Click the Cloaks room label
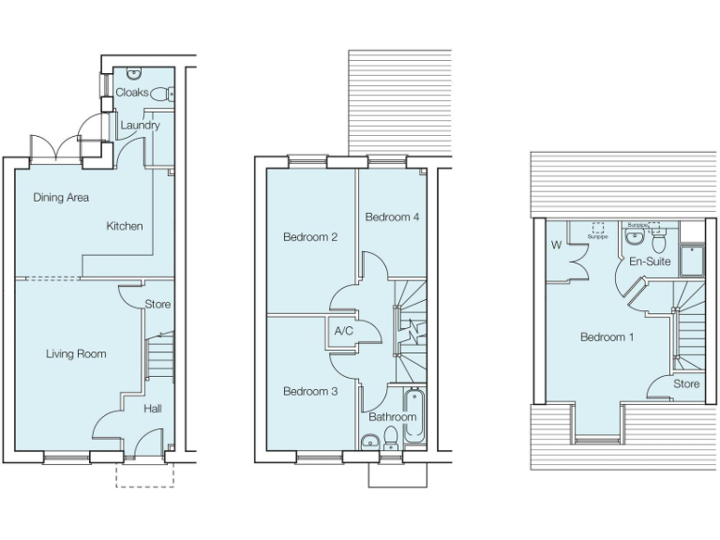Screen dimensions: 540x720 pyautogui.click(x=131, y=93)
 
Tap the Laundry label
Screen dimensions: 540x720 pyautogui.click(x=140, y=125)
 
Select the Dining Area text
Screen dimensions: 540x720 pyautogui.click(x=61, y=197)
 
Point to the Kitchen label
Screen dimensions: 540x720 pyautogui.click(x=125, y=226)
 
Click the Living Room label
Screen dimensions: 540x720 pyautogui.click(x=76, y=353)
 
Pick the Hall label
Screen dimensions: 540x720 pyautogui.click(x=153, y=409)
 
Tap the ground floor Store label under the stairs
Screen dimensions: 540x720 pyautogui.click(x=158, y=305)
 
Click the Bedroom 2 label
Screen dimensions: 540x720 pyautogui.click(x=310, y=237)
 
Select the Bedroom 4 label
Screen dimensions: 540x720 pyautogui.click(x=392, y=217)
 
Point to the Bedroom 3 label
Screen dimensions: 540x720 pyautogui.click(x=310, y=391)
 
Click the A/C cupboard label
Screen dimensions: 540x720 pyautogui.click(x=343, y=331)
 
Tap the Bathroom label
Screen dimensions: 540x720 pyautogui.click(x=392, y=416)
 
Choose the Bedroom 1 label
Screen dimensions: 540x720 pyautogui.click(x=607, y=337)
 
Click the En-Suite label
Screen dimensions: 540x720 pyautogui.click(x=650, y=262)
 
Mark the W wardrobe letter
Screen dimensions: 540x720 pyautogui.click(x=556, y=247)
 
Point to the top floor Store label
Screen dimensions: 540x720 pyautogui.click(x=687, y=383)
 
